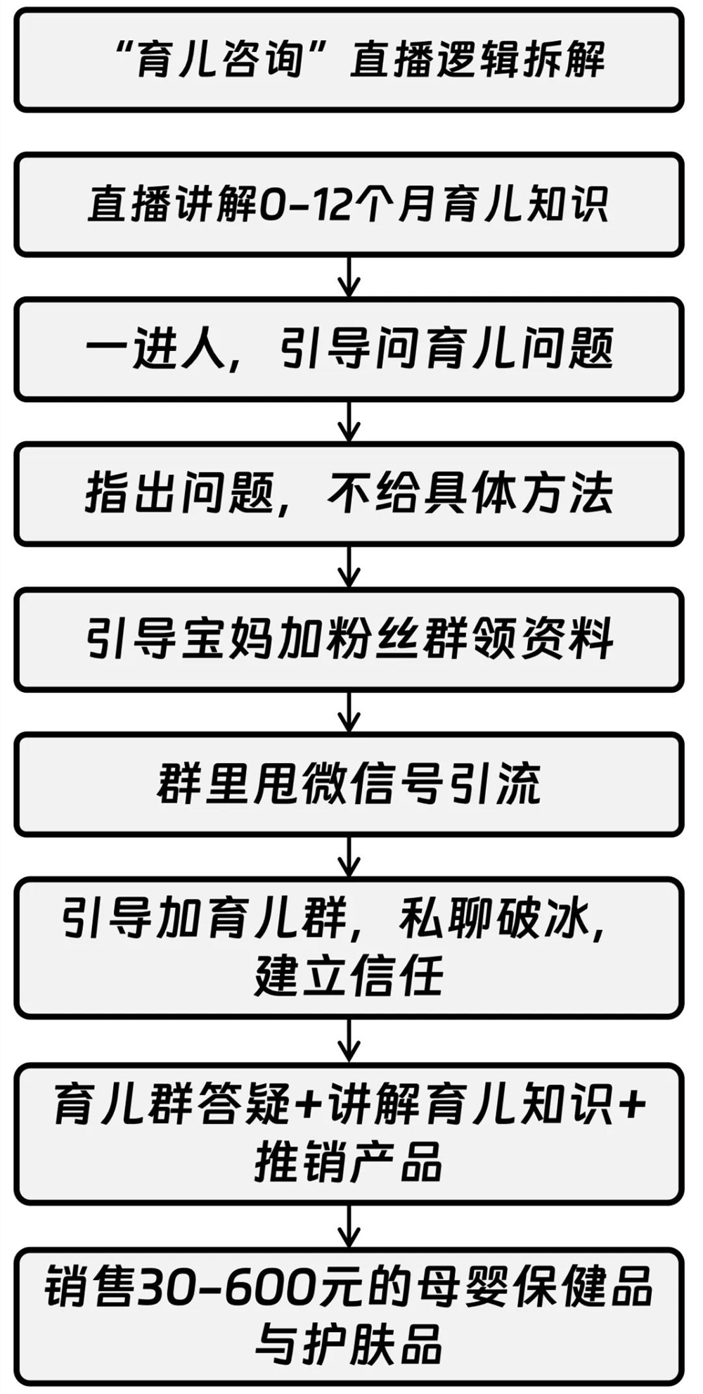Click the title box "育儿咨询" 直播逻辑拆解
pyautogui.click(x=349, y=59)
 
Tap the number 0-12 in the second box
pyautogui.click(x=304, y=205)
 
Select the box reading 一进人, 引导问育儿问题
pyautogui.click(x=349, y=350)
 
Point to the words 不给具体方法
pyautogui.click(x=470, y=494)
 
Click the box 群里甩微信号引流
pyautogui.click(x=349, y=784)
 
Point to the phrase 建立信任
pyautogui.click(x=349, y=976)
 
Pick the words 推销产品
pyautogui.click(x=349, y=1161)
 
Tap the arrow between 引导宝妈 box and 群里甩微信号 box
pyautogui.click(x=349, y=712)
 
